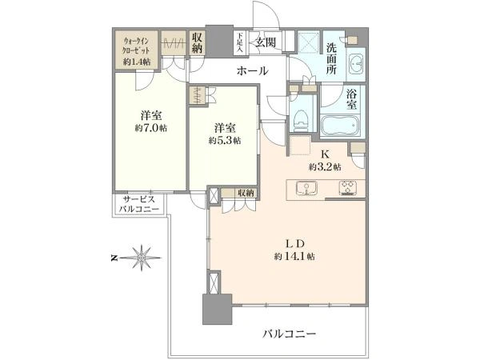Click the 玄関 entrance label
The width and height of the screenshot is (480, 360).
click(266, 43)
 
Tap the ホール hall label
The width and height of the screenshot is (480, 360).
click(253, 71)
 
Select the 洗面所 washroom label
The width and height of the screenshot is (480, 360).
click(331, 58)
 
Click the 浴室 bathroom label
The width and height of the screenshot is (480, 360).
click(352, 99)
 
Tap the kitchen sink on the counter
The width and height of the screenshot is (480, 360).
click(306, 188)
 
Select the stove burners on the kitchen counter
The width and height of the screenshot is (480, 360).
click(348, 188)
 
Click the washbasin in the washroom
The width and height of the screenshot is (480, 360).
click(355, 64)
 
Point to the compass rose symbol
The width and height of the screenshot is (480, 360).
click(141, 258)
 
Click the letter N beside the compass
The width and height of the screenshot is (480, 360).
click(114, 258)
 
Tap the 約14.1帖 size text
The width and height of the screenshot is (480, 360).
click(294, 256)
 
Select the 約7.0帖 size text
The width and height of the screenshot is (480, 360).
click(151, 128)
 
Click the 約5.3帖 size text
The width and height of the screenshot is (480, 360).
click(225, 140)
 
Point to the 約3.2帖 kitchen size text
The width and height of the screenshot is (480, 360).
click(325, 167)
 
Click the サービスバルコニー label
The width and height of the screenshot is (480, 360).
click(139, 205)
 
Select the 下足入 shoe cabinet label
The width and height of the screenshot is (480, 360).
click(239, 42)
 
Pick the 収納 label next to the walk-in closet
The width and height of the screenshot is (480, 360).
click(197, 42)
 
